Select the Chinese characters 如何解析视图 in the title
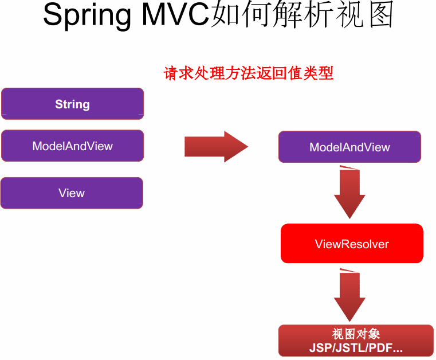coord(303,15)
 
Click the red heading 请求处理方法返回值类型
coord(249,74)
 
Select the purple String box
coord(72,104)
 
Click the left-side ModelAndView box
coord(72,146)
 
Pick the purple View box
coord(72,193)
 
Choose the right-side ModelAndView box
coord(349,147)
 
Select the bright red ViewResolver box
coord(352,244)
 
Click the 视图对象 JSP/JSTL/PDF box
coord(356,341)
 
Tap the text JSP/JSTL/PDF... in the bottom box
coord(356,348)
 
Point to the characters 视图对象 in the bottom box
coord(356,334)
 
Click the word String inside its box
coord(72,104)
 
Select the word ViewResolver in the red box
coord(352,244)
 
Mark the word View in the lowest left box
coord(72,193)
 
